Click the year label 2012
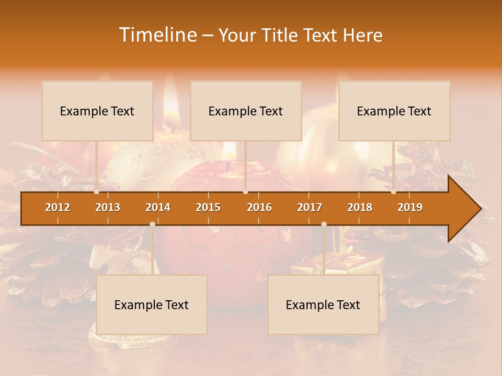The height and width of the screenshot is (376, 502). (x=58, y=207)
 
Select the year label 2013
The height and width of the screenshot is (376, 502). (x=108, y=207)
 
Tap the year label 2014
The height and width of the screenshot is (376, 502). (x=158, y=207)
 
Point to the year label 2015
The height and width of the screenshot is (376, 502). (x=208, y=207)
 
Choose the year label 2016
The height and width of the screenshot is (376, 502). (x=259, y=207)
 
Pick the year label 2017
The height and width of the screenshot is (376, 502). (x=310, y=207)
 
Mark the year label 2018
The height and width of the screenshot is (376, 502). (x=360, y=207)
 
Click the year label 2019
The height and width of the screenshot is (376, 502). (x=410, y=207)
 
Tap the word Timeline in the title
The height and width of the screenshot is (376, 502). (x=157, y=35)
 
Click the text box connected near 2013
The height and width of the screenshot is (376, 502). (x=97, y=111)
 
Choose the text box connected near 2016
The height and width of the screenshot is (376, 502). (x=246, y=111)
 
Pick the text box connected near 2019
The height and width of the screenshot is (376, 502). (x=394, y=111)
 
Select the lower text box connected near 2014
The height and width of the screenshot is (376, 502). (x=152, y=304)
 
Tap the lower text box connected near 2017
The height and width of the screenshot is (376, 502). (x=323, y=304)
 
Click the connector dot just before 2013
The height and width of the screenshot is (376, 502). (x=97, y=192)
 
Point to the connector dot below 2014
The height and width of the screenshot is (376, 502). (x=152, y=225)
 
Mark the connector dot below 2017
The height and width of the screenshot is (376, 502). (x=324, y=225)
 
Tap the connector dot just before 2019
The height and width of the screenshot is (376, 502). (x=393, y=192)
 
